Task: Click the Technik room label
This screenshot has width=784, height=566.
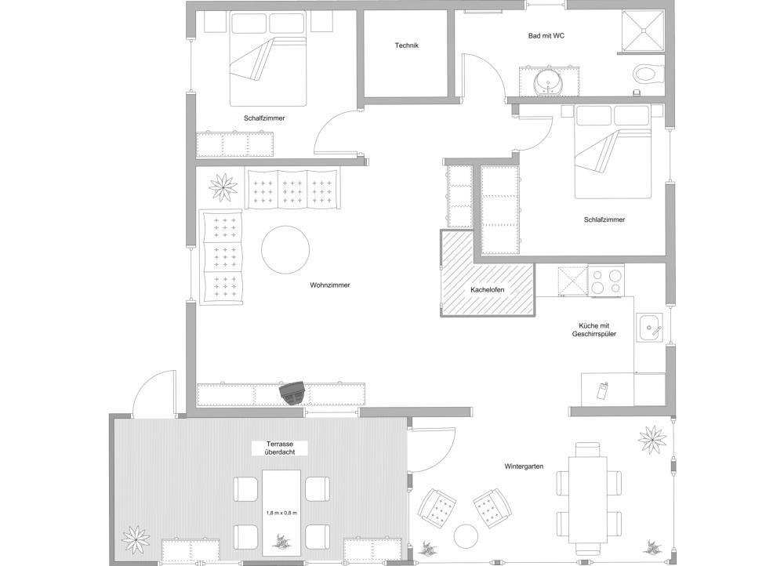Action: tap(406, 45)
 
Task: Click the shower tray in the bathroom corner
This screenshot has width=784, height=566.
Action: tap(643, 30)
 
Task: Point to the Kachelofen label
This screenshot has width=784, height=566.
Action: tap(487, 290)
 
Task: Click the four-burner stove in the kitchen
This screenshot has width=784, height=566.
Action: tap(606, 281)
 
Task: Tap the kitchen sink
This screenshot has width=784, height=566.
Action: tap(649, 328)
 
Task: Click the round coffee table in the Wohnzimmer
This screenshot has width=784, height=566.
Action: tap(285, 249)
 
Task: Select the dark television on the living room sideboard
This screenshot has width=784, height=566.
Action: tap(292, 392)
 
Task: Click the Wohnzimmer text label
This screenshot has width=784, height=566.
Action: tap(330, 285)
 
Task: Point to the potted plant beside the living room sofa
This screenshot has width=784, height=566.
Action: tap(223, 187)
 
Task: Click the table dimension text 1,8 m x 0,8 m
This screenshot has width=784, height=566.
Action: tap(281, 513)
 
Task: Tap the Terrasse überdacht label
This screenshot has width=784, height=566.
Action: tap(280, 448)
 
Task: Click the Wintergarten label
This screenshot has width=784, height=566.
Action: tap(524, 466)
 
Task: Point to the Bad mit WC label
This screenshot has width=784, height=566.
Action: tap(546, 36)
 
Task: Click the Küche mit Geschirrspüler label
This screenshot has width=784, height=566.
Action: tap(594, 330)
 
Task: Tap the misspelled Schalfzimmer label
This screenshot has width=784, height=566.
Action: tap(264, 118)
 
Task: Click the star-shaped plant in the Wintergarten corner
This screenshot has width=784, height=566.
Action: tap(652, 440)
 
